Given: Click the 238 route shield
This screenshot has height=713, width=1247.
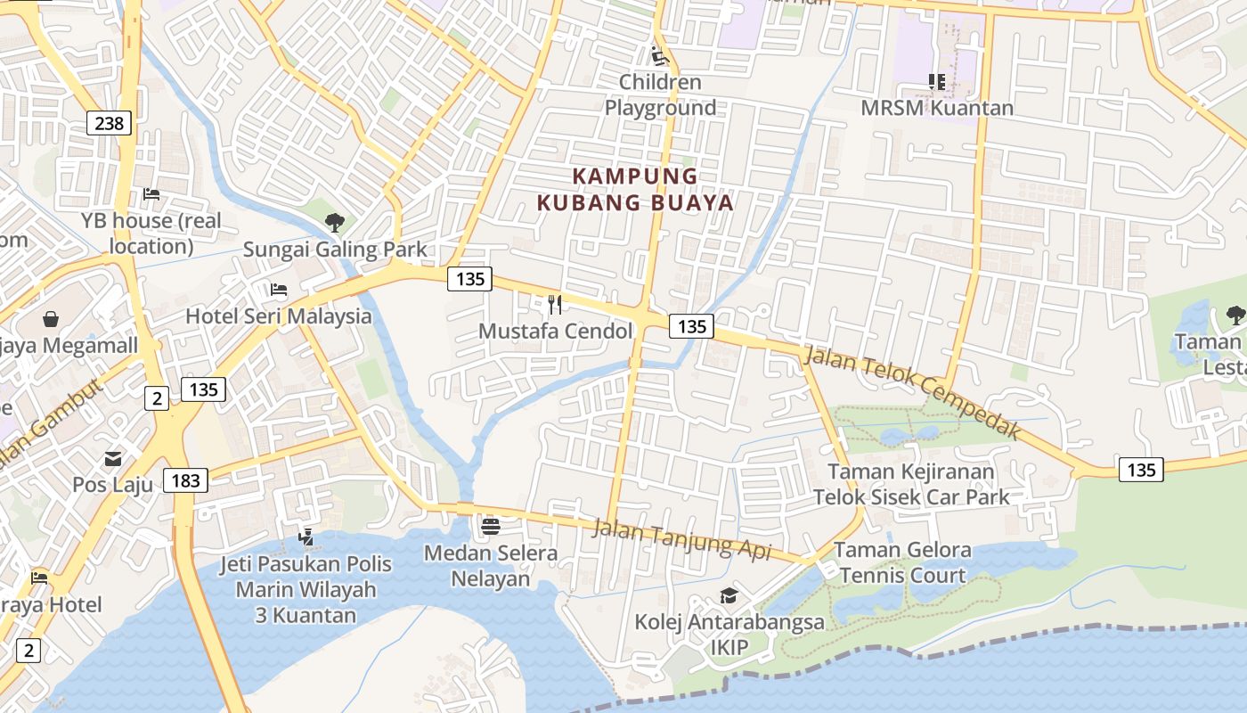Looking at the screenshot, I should click(x=109, y=123).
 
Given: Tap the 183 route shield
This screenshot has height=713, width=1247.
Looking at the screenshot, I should click(x=185, y=481).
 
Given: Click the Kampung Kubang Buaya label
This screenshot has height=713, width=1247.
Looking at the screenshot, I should click(x=635, y=189).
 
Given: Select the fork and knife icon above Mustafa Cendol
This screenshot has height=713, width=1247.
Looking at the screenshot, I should click(x=555, y=305).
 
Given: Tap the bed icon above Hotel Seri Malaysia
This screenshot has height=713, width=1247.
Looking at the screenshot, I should click(x=279, y=290).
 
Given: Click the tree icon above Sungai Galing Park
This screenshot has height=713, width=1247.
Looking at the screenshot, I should click(x=335, y=222).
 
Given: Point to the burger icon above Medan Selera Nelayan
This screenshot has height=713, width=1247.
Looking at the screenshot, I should click(x=490, y=526).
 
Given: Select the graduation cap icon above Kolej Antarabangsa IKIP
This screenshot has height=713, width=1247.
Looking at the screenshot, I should click(x=729, y=595).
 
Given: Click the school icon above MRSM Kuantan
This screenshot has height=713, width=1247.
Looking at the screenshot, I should click(x=936, y=82).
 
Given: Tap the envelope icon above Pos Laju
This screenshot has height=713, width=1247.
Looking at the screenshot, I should click(x=113, y=459).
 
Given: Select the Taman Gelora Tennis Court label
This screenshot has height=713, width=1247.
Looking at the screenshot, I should click(x=902, y=562).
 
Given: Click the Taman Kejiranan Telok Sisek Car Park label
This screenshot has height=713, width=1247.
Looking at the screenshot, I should click(x=911, y=484).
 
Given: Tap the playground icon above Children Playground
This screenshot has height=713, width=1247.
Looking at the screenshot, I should click(x=659, y=55).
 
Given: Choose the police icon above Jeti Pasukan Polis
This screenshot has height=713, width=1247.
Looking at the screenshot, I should click(x=306, y=537).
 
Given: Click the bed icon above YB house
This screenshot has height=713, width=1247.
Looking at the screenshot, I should click(x=151, y=194).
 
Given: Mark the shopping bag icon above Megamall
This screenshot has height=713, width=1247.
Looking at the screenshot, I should click(x=52, y=318).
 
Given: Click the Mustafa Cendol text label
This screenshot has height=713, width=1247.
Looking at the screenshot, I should click(x=555, y=332).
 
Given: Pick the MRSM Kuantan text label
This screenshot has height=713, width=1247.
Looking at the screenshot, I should click(x=936, y=108).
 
